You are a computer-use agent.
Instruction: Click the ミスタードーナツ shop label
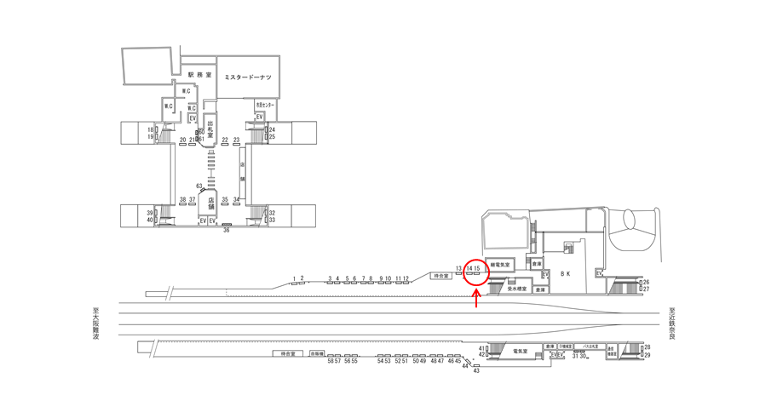[247, 77]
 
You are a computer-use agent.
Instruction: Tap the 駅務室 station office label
[199, 75]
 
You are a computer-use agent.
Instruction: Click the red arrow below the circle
[476, 298]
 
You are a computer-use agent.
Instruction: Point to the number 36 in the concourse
[227, 230]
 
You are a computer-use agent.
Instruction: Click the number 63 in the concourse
[199, 186]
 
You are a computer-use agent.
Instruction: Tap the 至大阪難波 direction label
[96, 324]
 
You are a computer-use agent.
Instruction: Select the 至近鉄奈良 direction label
[671, 324]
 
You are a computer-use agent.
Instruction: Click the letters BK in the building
[563, 274]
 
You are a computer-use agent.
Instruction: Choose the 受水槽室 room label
[517, 289]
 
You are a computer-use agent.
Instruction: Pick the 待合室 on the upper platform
[440, 276]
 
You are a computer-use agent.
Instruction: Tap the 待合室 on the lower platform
[287, 353]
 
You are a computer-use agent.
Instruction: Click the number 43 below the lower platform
[476, 370]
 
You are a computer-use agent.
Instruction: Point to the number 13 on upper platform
[458, 268]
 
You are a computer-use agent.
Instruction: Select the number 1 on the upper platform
[294, 278]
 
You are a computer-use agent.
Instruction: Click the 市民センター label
[265, 105]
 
